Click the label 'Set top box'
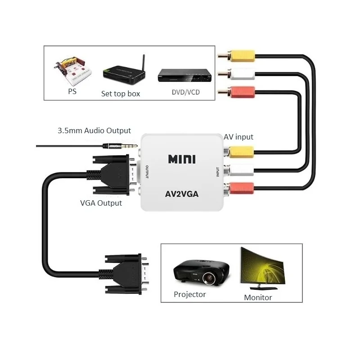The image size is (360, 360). [121, 94]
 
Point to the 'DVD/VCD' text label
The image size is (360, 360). [185, 92]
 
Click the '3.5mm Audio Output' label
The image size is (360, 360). [94, 131]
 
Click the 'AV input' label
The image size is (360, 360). [238, 137]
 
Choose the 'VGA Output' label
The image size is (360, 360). [101, 203]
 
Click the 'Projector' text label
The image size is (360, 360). [189, 294]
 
